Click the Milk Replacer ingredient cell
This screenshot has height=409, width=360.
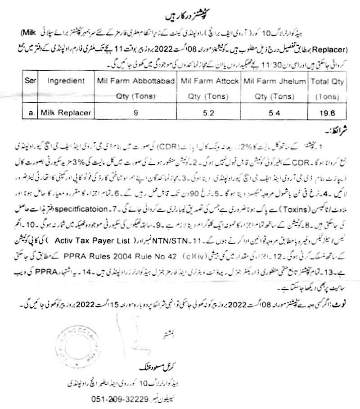(65, 113)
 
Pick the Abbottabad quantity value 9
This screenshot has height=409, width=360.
(135, 113)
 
